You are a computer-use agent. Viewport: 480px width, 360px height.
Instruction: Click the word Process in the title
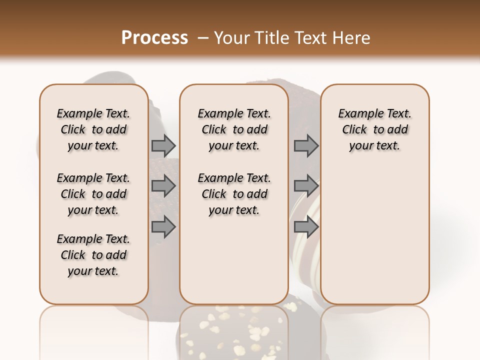pos(154,38)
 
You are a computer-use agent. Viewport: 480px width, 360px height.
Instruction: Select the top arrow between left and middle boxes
pos(163,146)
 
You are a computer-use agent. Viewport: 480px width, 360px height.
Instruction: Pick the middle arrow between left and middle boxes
pos(163,186)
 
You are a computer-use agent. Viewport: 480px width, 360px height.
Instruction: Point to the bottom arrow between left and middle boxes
pos(163,227)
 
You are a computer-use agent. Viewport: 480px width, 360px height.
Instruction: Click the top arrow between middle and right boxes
pos(306,146)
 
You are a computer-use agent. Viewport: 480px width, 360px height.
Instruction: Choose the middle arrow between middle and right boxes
pos(306,186)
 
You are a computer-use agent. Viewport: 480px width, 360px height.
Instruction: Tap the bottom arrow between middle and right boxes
pos(306,227)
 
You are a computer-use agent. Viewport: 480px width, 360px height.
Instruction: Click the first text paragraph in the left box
pos(93,129)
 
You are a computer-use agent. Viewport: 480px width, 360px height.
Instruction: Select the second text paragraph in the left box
pos(93,194)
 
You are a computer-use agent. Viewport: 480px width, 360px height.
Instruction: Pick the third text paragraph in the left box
pos(93,255)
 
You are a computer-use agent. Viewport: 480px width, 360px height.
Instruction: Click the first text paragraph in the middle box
pos(234,129)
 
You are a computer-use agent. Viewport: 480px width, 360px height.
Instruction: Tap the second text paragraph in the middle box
pos(234,194)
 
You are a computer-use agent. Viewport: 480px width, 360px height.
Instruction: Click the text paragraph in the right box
pos(374,129)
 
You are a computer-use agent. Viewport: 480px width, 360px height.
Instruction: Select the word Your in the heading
pos(231,38)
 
